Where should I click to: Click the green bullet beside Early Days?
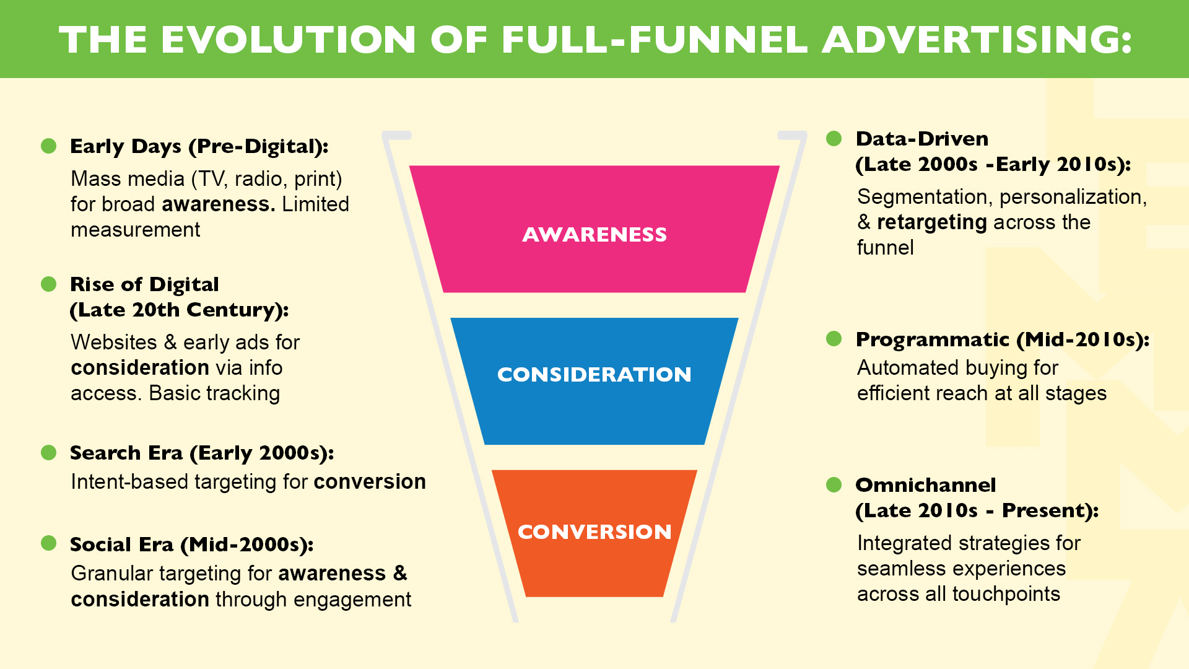click(x=48, y=146)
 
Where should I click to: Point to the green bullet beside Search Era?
click(x=48, y=453)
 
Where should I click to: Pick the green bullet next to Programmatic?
click(x=834, y=339)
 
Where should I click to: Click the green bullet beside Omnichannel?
click(x=834, y=484)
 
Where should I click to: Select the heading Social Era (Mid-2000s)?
click(x=191, y=544)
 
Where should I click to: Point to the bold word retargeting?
click(x=931, y=222)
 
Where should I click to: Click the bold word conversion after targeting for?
click(x=370, y=482)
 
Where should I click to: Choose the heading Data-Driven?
click(x=921, y=139)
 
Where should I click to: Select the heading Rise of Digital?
click(x=144, y=284)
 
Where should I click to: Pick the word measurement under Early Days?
click(x=135, y=230)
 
